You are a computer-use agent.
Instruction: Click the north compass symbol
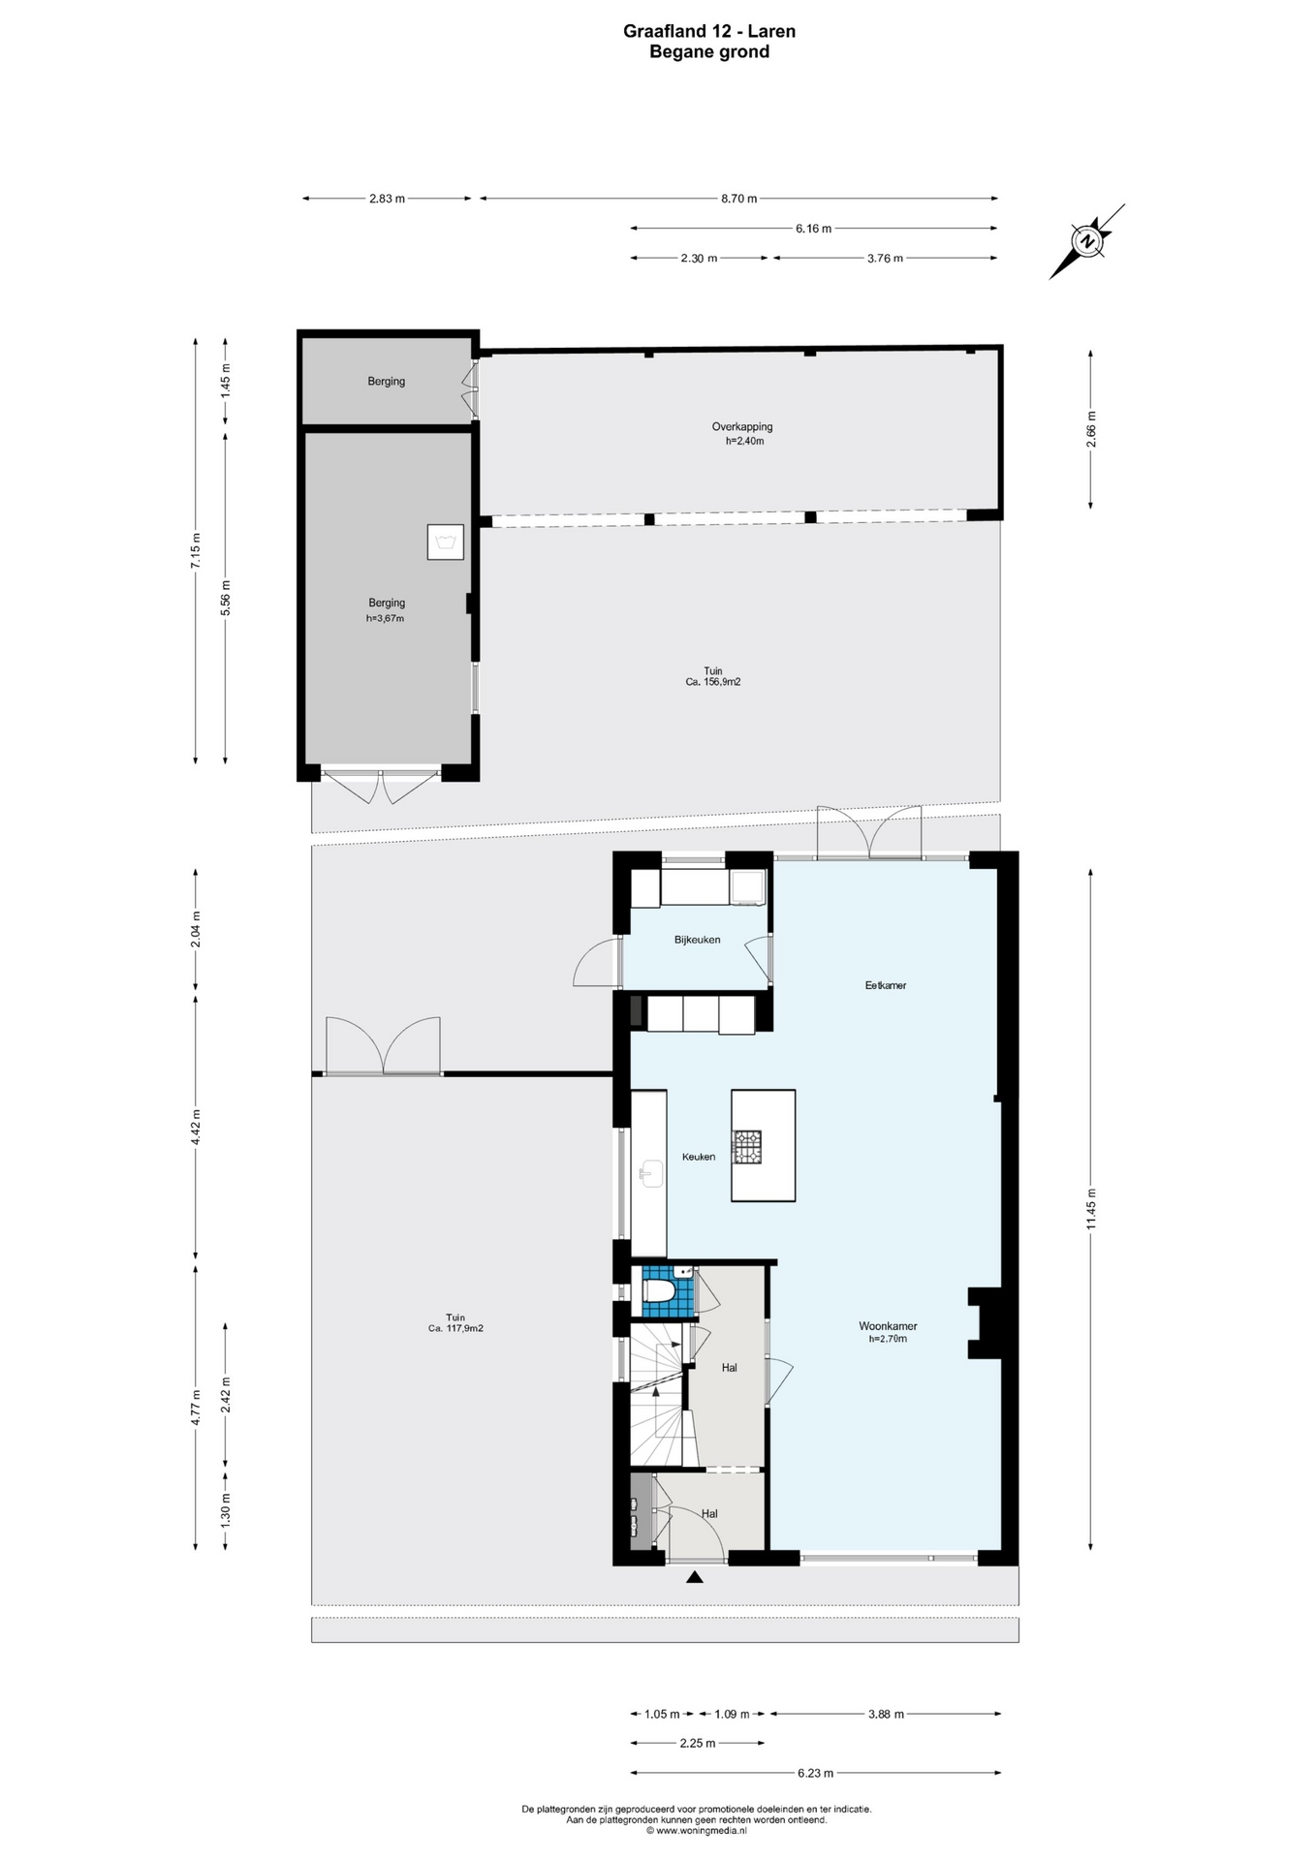1087,241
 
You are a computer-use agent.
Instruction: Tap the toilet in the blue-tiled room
659,1289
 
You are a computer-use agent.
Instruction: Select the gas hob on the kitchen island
746,1147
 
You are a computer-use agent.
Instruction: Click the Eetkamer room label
886,985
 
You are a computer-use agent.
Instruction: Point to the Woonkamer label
888,1326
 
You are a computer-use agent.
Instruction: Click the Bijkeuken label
698,940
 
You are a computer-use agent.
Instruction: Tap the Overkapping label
742,426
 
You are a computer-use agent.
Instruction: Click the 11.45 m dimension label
1091,1209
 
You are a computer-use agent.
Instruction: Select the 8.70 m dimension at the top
738,199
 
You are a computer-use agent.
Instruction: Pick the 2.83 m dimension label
387,199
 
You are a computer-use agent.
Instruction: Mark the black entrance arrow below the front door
695,1578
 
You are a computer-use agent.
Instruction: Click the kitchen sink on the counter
650,1173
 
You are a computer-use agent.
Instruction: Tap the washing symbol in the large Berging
446,542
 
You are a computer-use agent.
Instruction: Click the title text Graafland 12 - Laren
709,31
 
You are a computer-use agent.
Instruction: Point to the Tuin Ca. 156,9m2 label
712,676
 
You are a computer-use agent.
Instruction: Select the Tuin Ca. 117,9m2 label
455,1322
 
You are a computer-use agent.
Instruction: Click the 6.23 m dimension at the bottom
815,1773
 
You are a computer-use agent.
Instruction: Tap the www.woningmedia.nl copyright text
697,1831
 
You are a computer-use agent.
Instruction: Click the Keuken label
699,1157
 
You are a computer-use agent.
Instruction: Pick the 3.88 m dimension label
886,1714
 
